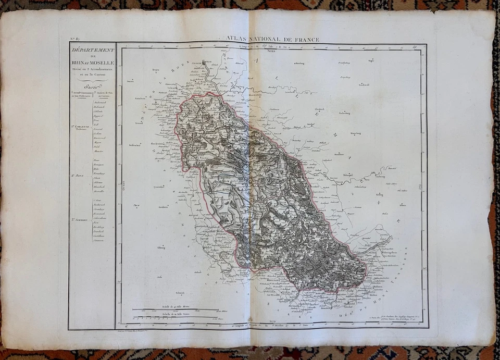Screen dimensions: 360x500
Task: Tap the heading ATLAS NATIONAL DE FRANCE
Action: (x=273, y=39)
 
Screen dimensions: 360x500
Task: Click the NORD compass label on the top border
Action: (x=270, y=51)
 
